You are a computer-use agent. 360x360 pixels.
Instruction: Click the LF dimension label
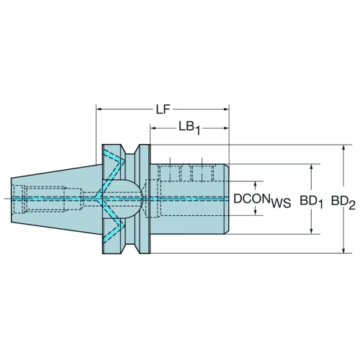163,109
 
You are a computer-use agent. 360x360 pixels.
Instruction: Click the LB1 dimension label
189,127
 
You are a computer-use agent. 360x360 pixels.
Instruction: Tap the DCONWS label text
262,200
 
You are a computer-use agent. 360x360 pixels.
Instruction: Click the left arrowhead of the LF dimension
99,109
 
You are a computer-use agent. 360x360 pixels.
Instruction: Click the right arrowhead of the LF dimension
226,109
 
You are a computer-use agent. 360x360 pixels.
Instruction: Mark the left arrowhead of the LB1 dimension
153,128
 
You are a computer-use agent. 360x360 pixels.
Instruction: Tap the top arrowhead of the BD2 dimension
343,148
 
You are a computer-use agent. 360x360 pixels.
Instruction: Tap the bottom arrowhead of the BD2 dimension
343,250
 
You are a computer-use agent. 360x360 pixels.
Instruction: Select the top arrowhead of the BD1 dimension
312,167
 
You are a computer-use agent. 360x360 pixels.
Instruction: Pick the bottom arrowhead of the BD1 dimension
312,230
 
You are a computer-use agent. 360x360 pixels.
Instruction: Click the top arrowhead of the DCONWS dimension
256,184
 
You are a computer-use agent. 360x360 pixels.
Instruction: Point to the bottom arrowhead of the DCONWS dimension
256,212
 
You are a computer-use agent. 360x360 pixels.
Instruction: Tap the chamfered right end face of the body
227,199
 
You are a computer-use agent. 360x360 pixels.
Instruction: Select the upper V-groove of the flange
130,150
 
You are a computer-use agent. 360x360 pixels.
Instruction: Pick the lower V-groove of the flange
130,248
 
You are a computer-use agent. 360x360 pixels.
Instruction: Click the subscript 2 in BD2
351,206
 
